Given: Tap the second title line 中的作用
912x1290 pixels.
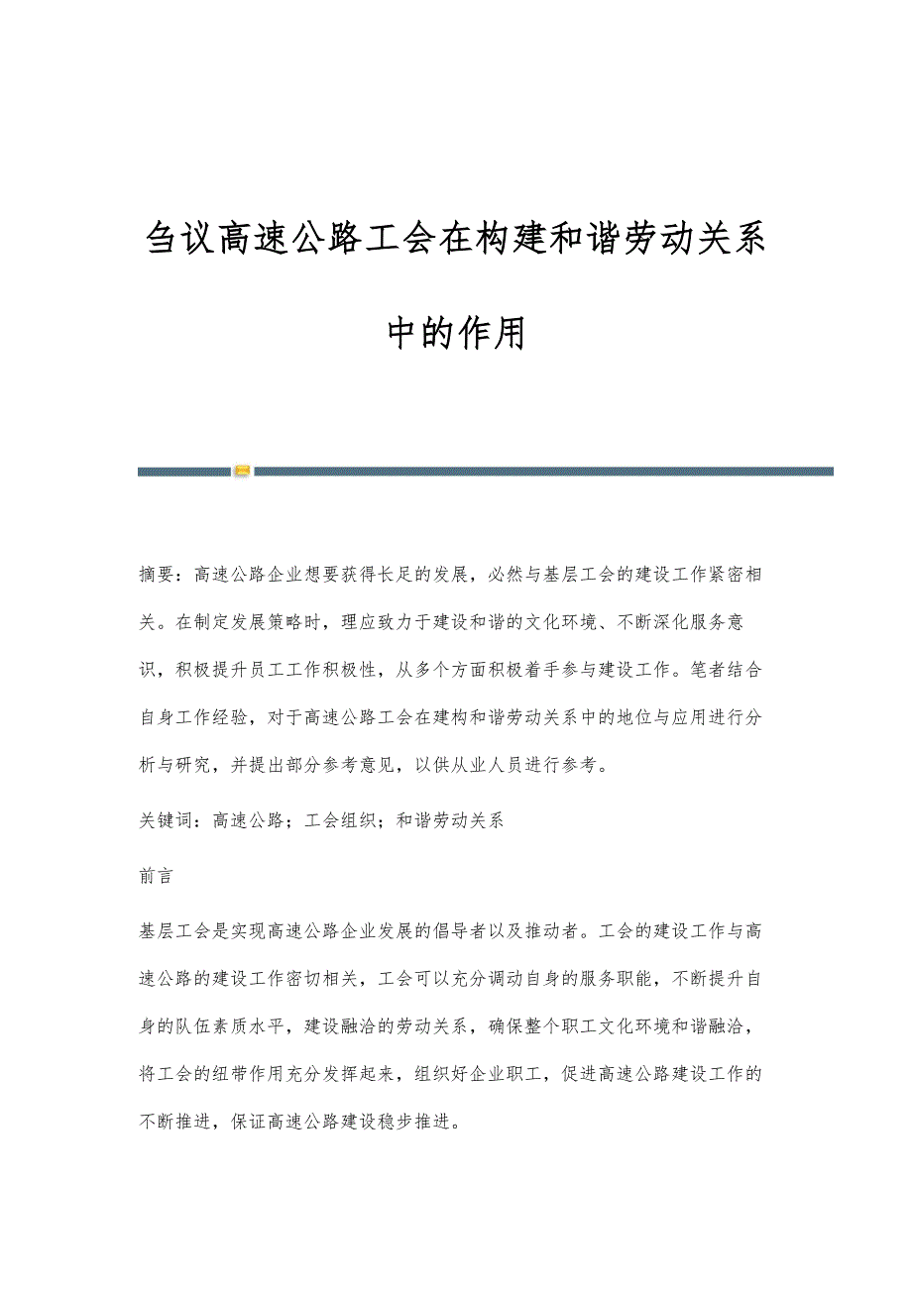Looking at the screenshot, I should coord(456,333).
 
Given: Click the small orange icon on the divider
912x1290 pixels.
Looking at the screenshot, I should coord(242,471).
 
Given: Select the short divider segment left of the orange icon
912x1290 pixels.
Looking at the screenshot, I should coord(183,472).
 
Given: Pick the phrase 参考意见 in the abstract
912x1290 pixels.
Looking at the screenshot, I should coord(378,765).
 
